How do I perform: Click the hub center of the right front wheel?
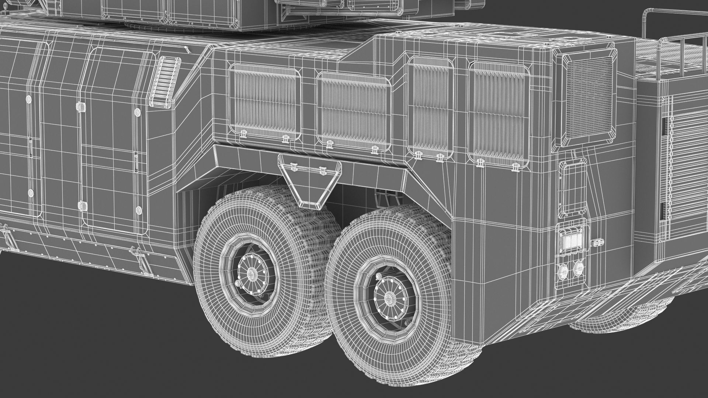coord(388,295)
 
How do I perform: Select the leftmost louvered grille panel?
coord(265,101)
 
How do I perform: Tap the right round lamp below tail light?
coord(578,268)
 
